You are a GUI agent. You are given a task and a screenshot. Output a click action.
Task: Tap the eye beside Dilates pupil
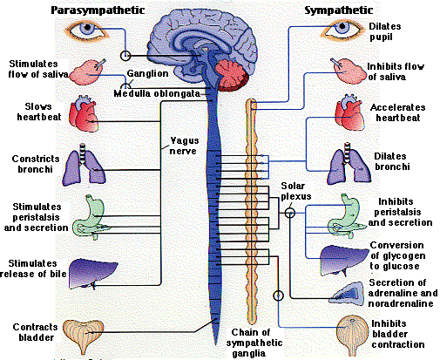(x=342, y=31)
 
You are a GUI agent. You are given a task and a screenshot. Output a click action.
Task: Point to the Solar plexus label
(x=295, y=193)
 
